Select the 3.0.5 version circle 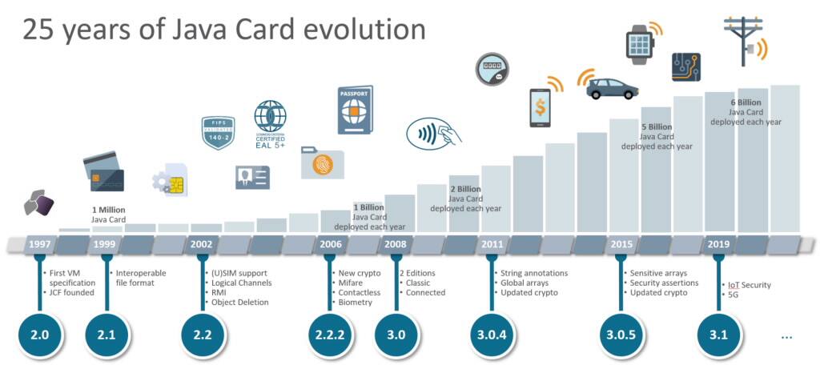coord(620,336)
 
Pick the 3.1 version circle coord(717,336)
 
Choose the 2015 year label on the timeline coord(620,243)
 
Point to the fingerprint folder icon coord(322,162)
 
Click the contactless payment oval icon coord(433,131)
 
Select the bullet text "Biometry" coord(355,303)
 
